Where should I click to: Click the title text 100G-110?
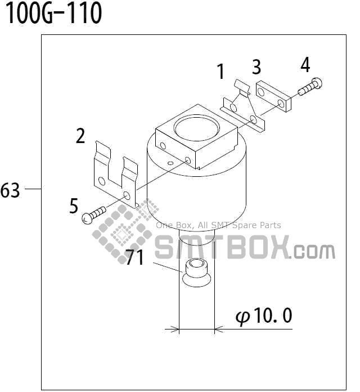(x=53, y=14)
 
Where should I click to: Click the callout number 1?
(x=221, y=72)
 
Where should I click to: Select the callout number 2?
(x=80, y=136)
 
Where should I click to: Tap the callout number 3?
(x=256, y=67)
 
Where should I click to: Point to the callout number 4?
(x=305, y=65)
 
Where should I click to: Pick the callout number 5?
(x=74, y=206)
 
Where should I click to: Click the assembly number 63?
(x=10, y=190)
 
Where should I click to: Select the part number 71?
(x=135, y=257)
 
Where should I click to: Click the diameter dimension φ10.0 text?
(x=264, y=316)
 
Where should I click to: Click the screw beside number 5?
(x=94, y=214)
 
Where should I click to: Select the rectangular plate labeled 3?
(x=273, y=97)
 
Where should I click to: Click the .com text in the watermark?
(x=313, y=251)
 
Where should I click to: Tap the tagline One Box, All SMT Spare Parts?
(x=218, y=225)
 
